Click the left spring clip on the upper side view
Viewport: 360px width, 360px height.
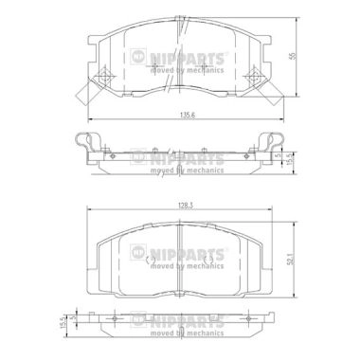pyautogui.click(x=89, y=143)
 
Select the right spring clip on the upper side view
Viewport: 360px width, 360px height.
pyautogui.click(x=265, y=143)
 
